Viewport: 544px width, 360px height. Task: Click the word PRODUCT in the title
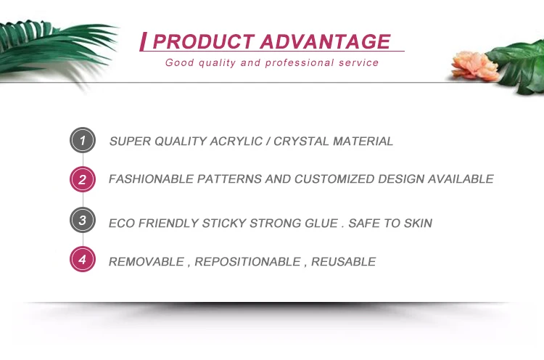(204, 41)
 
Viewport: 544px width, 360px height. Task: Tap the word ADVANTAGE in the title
(326, 41)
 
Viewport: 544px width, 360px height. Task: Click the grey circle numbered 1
(83, 140)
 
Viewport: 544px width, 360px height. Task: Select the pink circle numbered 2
(83, 179)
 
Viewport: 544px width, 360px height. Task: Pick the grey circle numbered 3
(83, 220)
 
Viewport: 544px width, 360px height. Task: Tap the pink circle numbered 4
(83, 259)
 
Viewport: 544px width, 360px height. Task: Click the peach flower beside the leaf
(474, 65)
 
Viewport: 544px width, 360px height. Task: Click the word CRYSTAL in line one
(301, 142)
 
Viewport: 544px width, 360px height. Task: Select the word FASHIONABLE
(152, 179)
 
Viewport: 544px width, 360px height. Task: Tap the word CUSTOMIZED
(334, 179)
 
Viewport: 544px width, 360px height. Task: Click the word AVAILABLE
(461, 179)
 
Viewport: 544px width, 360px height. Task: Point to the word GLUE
(321, 223)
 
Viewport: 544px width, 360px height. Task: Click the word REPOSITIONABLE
(248, 261)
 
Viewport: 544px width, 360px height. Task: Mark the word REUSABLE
(344, 261)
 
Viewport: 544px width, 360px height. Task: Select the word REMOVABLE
(147, 261)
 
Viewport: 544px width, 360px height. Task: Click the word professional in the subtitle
(300, 63)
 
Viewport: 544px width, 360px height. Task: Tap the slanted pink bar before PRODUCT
(143, 41)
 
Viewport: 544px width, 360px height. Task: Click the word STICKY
(224, 223)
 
